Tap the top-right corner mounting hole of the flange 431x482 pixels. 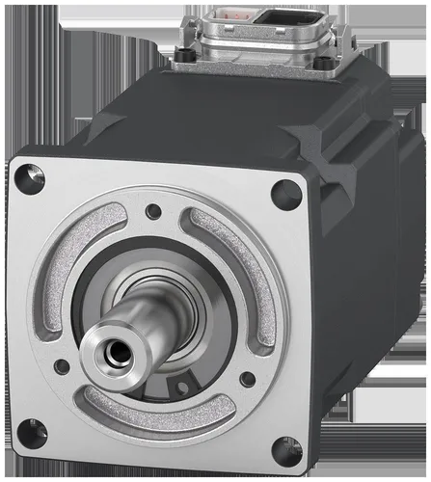pos(285,195)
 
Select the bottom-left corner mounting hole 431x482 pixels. pos(32,434)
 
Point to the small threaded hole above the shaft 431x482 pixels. pos(153,211)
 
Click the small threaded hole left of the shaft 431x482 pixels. pos(63,366)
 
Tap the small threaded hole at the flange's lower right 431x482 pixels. pos(248,380)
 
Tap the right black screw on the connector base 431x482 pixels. pos(327,64)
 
